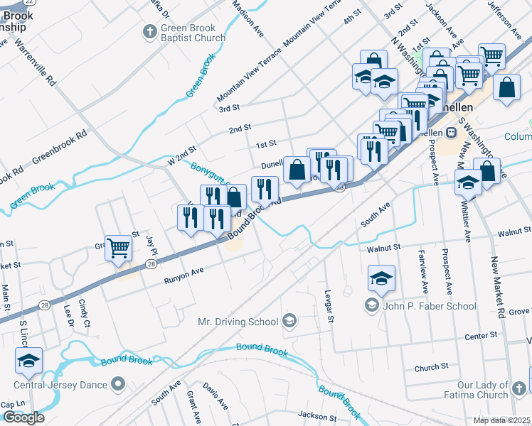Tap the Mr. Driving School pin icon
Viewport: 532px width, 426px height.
(289, 322)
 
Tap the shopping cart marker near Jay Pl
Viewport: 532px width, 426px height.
(118, 248)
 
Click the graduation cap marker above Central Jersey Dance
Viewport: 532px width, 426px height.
(28, 361)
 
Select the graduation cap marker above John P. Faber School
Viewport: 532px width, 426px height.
(382, 278)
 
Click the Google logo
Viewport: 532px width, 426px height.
(23, 417)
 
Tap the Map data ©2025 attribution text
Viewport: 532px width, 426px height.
(501, 420)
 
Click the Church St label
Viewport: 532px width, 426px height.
(431, 368)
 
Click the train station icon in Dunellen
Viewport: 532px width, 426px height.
(450, 133)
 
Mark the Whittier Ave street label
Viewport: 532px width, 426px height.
(466, 224)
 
